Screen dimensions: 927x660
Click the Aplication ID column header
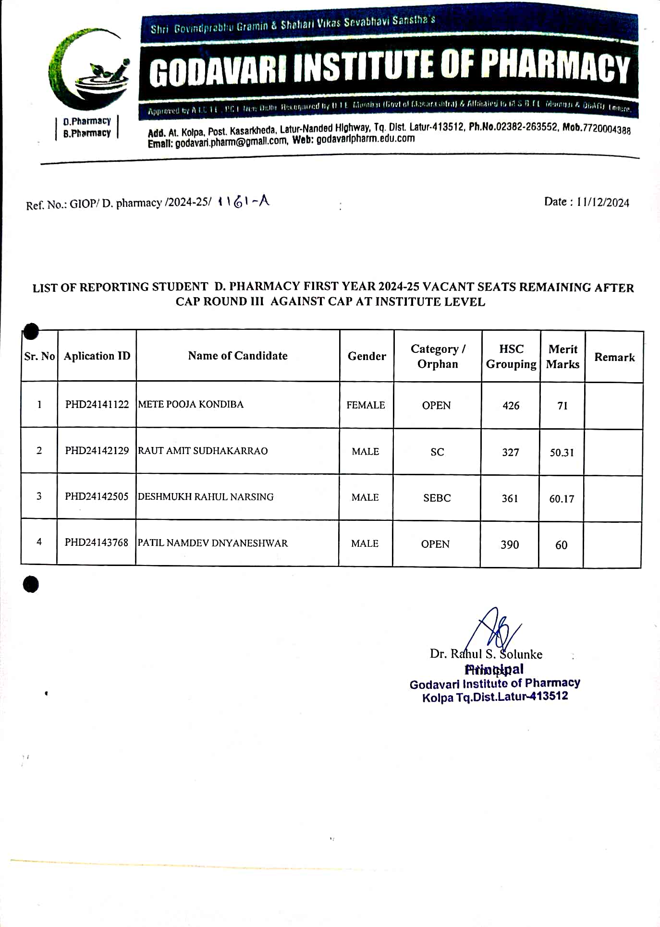tap(97, 356)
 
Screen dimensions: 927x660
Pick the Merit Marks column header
tap(563, 356)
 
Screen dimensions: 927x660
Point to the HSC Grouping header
tap(511, 356)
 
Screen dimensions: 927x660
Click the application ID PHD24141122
tap(97, 404)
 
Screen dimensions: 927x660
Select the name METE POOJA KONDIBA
tap(191, 404)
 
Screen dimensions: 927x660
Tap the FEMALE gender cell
tap(366, 405)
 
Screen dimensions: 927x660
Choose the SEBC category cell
tap(437, 498)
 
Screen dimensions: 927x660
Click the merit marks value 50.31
tap(562, 453)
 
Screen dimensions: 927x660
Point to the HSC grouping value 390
tap(510, 544)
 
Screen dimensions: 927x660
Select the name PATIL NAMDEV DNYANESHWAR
tap(213, 543)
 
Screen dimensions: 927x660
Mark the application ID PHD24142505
tap(97, 496)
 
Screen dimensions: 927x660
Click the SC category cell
tap(437, 452)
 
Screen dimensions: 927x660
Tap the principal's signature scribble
tap(495, 629)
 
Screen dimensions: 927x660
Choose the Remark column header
tap(614, 357)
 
